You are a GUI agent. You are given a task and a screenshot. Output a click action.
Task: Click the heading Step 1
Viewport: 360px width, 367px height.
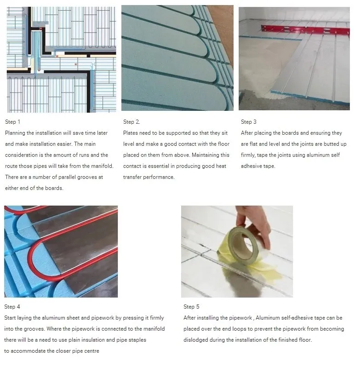point(13,122)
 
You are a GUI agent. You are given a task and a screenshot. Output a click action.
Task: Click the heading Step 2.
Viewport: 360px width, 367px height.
point(131,122)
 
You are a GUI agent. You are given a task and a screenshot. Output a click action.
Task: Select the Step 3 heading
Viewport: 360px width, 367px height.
point(249,122)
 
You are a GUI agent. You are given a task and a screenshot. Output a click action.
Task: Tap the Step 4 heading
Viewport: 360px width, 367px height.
point(12,307)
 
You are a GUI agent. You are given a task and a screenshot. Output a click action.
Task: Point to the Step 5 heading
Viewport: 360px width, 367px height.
point(191,307)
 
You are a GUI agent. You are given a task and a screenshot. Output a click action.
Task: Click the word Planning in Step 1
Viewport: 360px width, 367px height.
point(16,133)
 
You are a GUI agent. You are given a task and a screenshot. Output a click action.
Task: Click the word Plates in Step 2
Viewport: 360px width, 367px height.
point(131,133)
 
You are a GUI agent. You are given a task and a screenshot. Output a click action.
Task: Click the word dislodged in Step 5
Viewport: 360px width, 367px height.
point(195,340)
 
